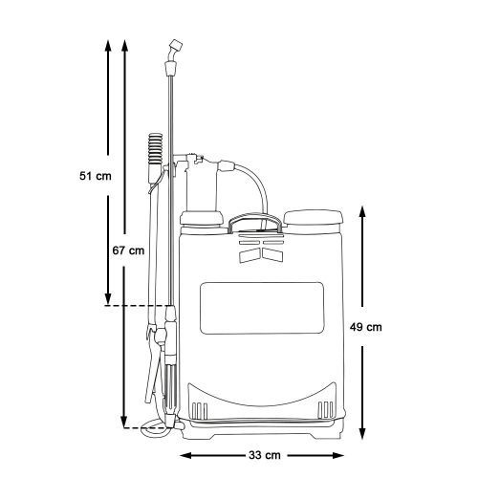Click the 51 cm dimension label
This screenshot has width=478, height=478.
coord(96,175)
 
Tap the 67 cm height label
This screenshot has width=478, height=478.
coord(128,251)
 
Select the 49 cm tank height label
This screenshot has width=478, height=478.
coord(368,326)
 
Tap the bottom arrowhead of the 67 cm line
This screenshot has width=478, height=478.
coord(124,423)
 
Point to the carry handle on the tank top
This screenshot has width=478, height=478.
coord(255,223)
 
